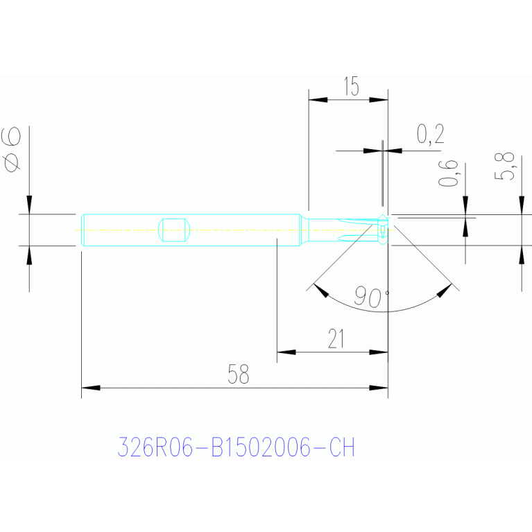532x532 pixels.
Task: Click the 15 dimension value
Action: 351,86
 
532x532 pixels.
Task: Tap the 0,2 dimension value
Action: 430,135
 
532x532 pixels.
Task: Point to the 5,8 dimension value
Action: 505,166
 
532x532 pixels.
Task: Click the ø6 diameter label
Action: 12,150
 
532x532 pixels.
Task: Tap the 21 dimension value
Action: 336,338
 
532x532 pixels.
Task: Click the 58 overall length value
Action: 238,375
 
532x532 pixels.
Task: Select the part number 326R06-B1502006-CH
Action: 236,447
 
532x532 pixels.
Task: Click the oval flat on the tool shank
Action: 173,230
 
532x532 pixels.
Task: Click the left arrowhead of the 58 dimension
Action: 91,388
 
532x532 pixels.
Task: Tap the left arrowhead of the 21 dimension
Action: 286,352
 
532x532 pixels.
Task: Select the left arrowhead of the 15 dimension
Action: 318,100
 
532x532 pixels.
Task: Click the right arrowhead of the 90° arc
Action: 445,291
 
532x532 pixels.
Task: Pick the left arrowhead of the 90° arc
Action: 321,291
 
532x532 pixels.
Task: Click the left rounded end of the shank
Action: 83,230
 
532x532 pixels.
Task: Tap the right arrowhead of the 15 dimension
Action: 378,100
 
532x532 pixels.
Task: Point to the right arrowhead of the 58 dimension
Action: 378,388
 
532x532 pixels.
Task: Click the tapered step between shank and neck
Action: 304,230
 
